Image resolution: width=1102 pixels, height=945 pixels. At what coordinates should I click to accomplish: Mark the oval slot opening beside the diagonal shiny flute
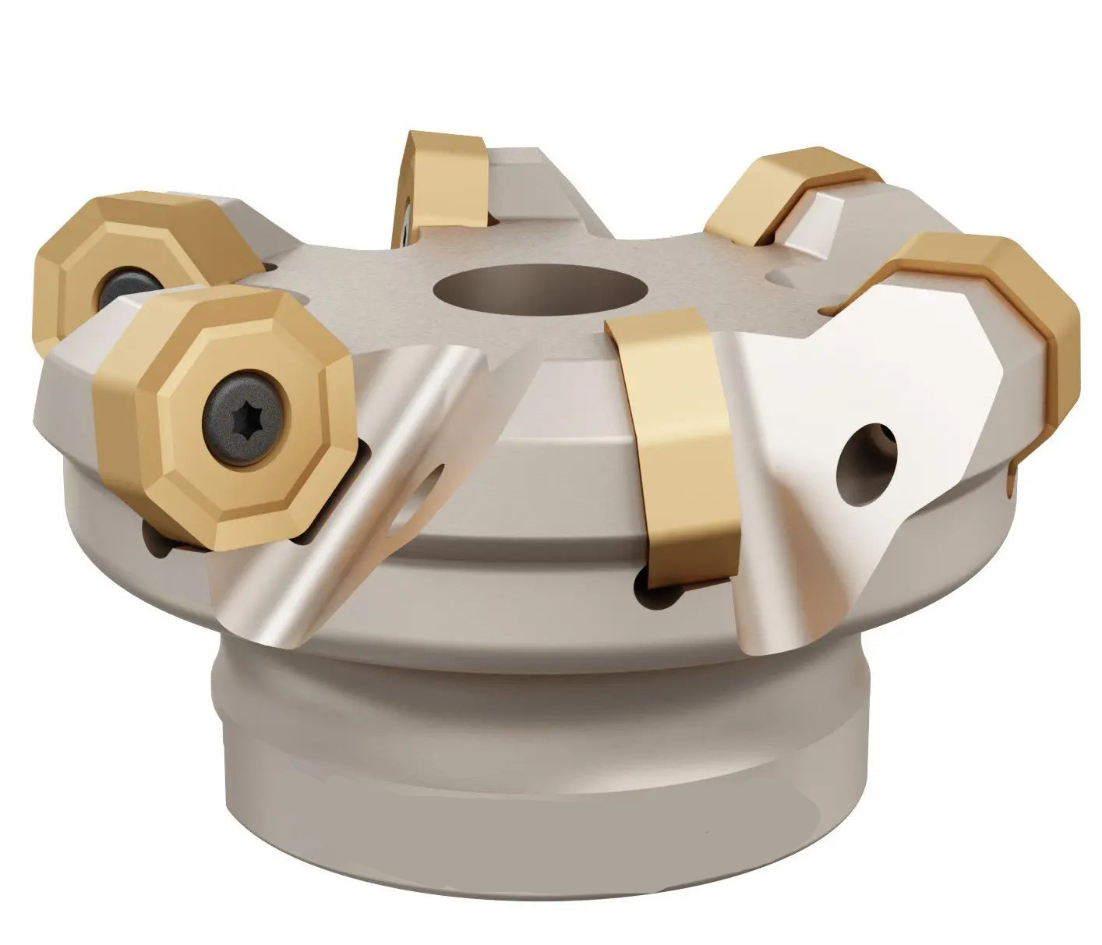[x=421, y=499]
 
